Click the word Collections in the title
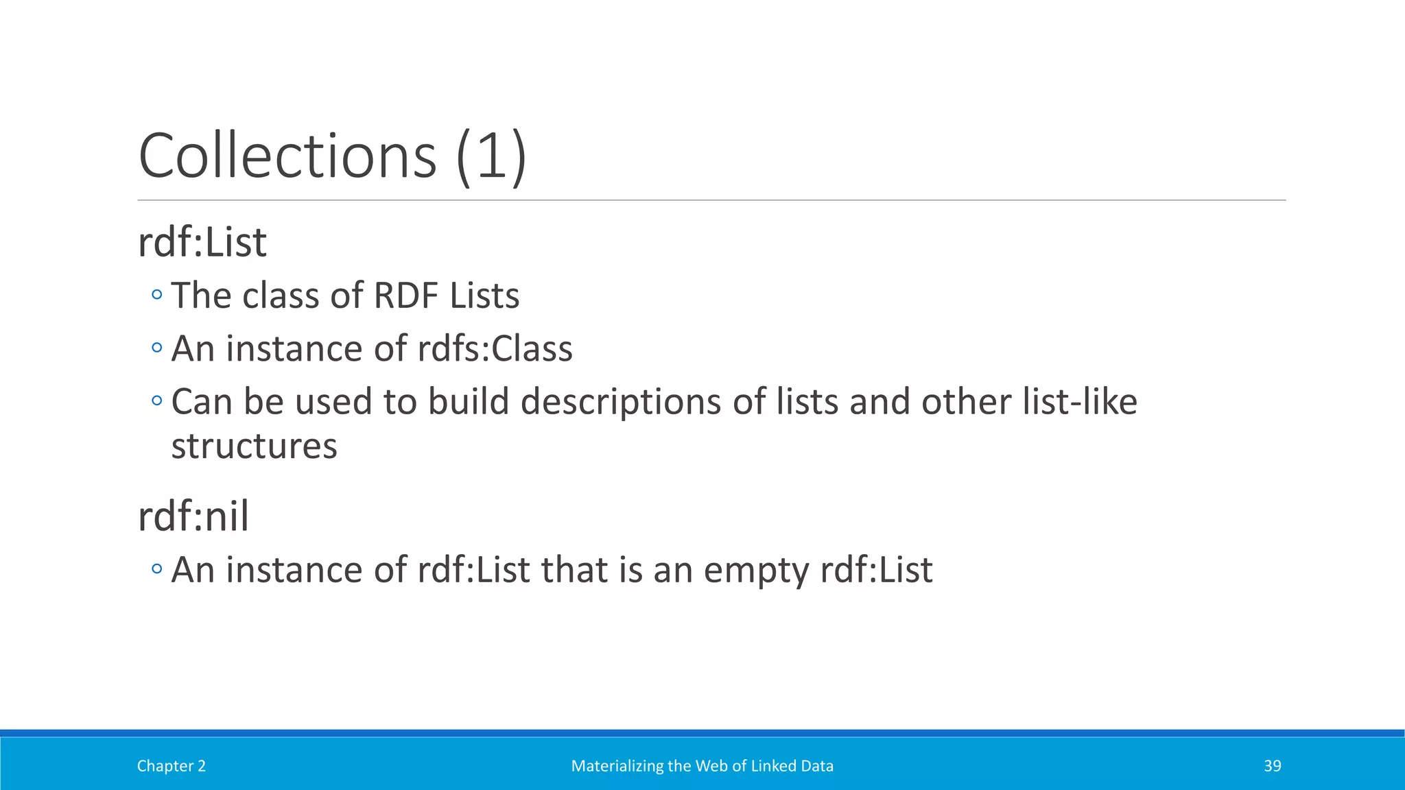(x=287, y=156)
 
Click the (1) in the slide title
(x=491, y=156)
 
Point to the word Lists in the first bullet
(x=484, y=296)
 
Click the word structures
(x=254, y=446)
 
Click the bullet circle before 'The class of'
(x=157, y=295)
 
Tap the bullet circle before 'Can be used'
(x=157, y=400)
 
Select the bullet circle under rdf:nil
(x=157, y=568)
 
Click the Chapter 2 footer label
(x=171, y=766)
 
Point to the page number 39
(x=1272, y=766)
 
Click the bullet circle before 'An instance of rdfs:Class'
(x=157, y=348)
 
